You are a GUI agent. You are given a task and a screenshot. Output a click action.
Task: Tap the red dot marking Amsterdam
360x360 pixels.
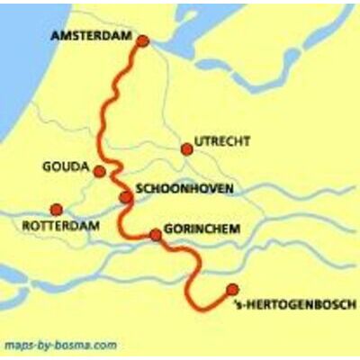point(141,40)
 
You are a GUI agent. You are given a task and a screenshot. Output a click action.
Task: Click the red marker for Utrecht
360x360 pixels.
point(186,149)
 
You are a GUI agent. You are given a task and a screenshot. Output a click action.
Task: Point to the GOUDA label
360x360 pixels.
point(66,167)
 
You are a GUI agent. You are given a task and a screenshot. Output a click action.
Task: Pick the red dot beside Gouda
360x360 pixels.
point(100,171)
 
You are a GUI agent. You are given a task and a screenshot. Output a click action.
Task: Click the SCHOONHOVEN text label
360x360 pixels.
point(184,189)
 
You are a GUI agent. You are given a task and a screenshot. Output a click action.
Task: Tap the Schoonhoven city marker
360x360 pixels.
point(125,197)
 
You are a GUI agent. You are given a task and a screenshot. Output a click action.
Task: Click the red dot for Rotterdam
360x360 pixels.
point(57,209)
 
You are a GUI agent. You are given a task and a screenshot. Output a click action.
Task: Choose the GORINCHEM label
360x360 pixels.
point(202,229)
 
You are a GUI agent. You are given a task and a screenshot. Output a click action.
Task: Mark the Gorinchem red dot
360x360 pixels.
point(155,235)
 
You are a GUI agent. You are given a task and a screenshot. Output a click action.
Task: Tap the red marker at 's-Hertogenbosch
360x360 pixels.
point(232,289)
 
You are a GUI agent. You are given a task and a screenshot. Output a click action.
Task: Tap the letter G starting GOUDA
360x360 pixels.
point(46,167)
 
